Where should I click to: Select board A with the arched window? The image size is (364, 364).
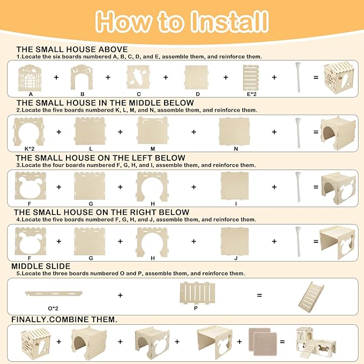[29, 78]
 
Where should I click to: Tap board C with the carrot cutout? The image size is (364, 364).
[138, 77]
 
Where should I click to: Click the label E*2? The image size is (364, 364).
[251, 94]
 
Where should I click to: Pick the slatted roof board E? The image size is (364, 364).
[251, 78]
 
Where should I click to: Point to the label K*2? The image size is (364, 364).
[29, 149]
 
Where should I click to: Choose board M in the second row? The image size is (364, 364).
[153, 130]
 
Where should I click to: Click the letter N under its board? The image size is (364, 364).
[236, 149]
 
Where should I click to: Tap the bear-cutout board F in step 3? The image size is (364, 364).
[31, 185]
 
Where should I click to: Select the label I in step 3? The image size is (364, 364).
[236, 204]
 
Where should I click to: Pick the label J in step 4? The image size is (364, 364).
[236, 258]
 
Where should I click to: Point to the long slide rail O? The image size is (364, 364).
[54, 294]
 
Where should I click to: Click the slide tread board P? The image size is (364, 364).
[197, 293]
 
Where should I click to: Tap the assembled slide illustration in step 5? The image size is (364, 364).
[311, 298]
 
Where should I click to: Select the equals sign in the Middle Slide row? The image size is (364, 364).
[259, 295]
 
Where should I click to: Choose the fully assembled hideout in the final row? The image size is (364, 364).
[316, 343]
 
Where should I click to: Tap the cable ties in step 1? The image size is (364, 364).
[298, 77]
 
